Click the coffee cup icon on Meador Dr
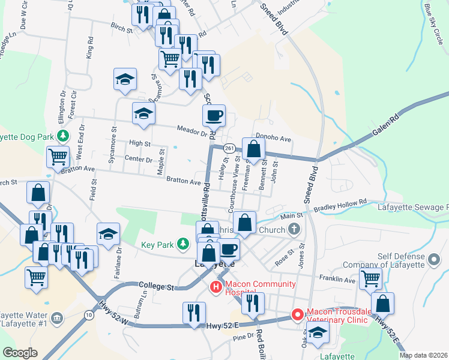[x=214, y=115]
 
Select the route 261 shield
[x=229, y=148]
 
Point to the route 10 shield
[x=89, y=315]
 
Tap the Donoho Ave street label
[x=273, y=139]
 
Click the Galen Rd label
[x=387, y=124]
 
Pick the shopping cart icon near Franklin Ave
[x=370, y=278]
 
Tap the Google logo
[x=20, y=353]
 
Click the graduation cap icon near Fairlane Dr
[x=108, y=234]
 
